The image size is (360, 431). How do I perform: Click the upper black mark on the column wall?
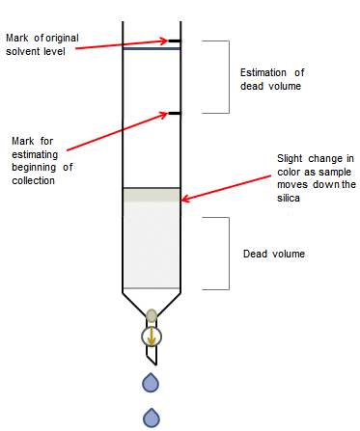[x=174, y=41]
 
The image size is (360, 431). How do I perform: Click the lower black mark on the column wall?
[x=174, y=114]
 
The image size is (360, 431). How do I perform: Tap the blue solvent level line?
[x=152, y=48]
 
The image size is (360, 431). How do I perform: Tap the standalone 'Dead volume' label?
[x=274, y=254]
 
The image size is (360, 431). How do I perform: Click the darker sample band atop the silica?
[x=152, y=195]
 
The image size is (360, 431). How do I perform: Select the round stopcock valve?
[x=152, y=336]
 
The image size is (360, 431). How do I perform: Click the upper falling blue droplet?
[x=152, y=383]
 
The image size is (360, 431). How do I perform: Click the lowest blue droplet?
[x=152, y=417]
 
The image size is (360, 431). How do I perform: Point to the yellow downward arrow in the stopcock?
[x=152, y=336]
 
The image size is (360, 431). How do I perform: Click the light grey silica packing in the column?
[x=152, y=246]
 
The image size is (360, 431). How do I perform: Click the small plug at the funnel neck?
[x=152, y=314]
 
